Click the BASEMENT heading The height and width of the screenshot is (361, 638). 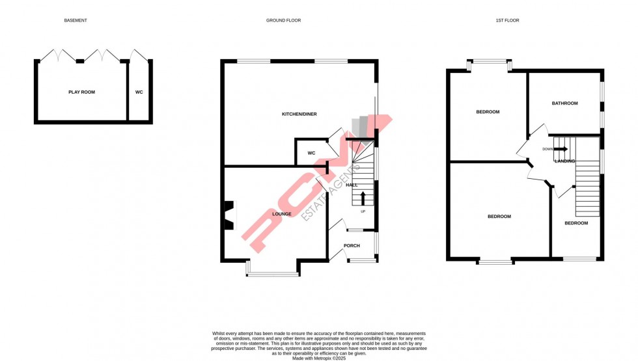point(76,21)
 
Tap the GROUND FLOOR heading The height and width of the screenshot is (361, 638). point(283,21)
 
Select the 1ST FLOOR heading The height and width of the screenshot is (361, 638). point(507,21)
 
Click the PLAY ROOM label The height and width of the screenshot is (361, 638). point(81,92)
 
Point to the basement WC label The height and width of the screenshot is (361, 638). point(139,92)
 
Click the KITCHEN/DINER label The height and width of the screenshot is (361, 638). point(299,114)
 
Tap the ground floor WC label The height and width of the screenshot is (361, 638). point(311,154)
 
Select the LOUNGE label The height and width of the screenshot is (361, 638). point(282,214)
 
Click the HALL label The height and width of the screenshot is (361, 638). point(352,185)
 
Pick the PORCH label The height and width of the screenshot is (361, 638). point(352,246)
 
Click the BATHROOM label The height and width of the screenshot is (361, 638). point(564,103)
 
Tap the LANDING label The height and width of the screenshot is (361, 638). point(564,161)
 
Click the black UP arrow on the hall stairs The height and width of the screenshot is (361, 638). point(363,198)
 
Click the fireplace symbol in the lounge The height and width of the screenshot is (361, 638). point(229,215)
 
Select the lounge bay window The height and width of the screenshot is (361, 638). point(272,274)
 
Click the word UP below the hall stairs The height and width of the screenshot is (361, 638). point(363,211)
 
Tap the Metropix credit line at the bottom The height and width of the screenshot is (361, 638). point(319,358)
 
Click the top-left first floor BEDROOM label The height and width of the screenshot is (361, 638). point(488,112)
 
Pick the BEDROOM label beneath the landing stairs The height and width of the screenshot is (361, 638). point(576,223)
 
